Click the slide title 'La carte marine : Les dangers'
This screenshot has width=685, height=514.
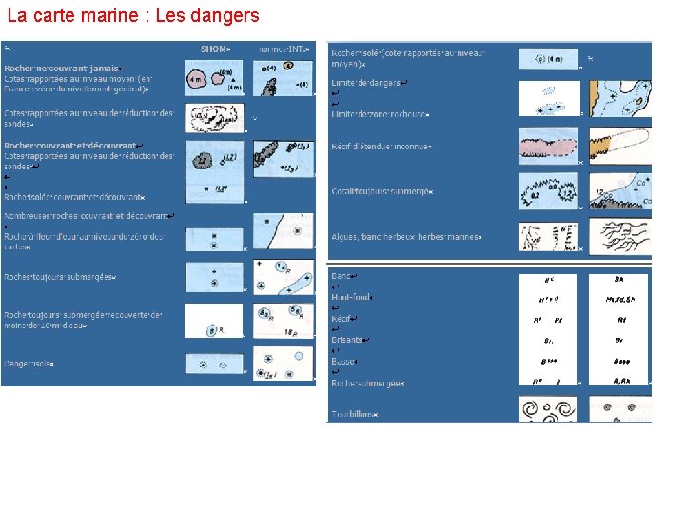coord(132,16)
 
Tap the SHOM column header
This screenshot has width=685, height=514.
coord(215,48)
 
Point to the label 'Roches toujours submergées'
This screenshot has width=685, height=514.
coord(60,277)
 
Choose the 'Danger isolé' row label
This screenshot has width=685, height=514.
coord(29,363)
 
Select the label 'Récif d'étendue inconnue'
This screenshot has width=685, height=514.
coord(382,147)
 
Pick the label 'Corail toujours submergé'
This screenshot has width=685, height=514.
coord(382,191)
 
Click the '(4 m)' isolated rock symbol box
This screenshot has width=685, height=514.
coord(549,59)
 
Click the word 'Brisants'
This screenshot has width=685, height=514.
coord(347,340)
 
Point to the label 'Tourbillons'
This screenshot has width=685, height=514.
coord(354,414)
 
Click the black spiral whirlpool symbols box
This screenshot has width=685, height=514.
coord(549,409)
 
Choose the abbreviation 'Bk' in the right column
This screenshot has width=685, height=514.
coord(618,280)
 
